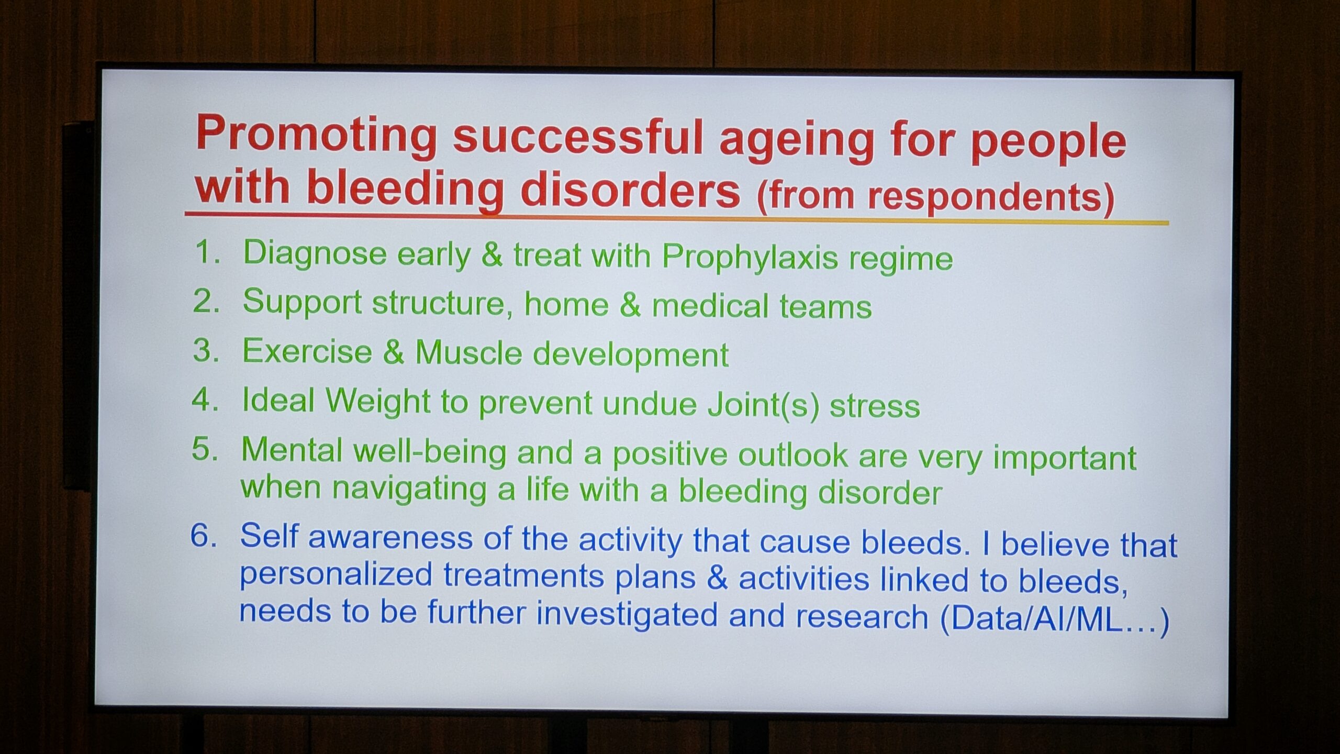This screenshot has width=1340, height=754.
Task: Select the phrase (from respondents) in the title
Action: click(935, 197)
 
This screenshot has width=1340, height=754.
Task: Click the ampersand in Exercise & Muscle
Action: click(394, 352)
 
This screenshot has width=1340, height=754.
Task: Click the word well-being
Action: click(430, 452)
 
